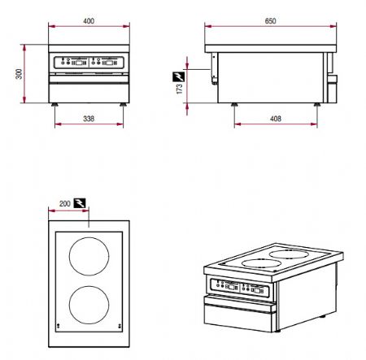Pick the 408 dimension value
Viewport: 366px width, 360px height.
(x=277, y=119)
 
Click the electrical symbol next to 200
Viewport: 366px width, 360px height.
(x=81, y=203)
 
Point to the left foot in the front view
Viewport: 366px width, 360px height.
(x=55, y=104)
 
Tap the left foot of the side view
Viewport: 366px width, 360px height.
(x=236, y=104)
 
